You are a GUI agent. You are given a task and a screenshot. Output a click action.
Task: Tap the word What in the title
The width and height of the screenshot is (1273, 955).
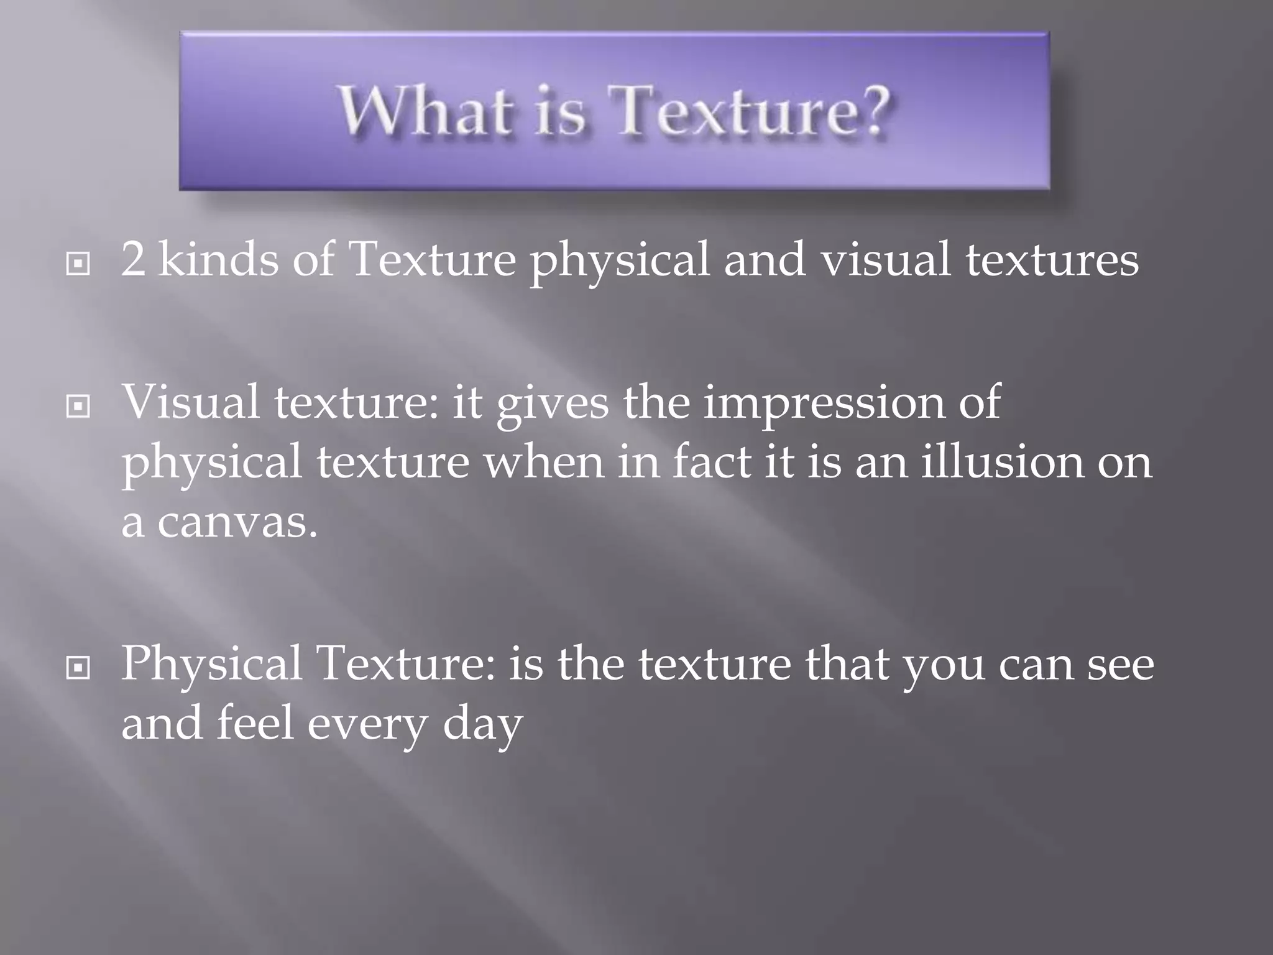coord(426,111)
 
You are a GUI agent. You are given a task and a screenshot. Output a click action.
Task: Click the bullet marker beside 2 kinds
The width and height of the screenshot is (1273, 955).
coord(78,264)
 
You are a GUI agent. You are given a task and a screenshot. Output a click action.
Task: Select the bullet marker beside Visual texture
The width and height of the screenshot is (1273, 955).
coord(78,407)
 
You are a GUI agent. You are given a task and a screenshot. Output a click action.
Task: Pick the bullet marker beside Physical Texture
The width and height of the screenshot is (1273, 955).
coord(78,669)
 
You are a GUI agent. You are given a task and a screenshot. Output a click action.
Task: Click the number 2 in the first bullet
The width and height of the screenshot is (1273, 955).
coord(132,260)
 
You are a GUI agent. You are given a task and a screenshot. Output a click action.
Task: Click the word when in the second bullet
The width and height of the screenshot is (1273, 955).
coord(544,463)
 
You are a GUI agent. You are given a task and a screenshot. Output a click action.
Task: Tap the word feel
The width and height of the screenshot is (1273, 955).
coord(255,724)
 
